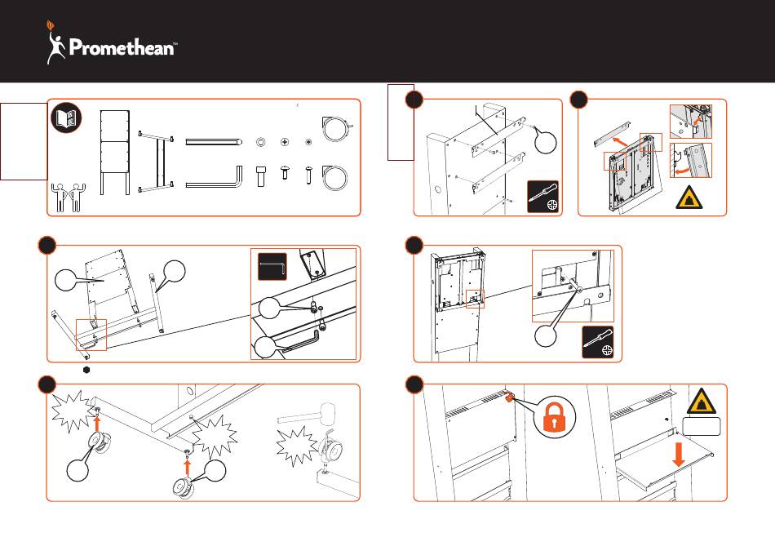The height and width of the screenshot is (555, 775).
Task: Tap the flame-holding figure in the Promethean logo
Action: pos(55,45)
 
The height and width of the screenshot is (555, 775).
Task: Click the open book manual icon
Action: pos(65,118)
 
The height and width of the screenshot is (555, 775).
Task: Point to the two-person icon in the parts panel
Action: pos(66,196)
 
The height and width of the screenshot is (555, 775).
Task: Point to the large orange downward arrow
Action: pos(678,457)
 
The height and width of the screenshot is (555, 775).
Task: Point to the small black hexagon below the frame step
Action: pos(86,370)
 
